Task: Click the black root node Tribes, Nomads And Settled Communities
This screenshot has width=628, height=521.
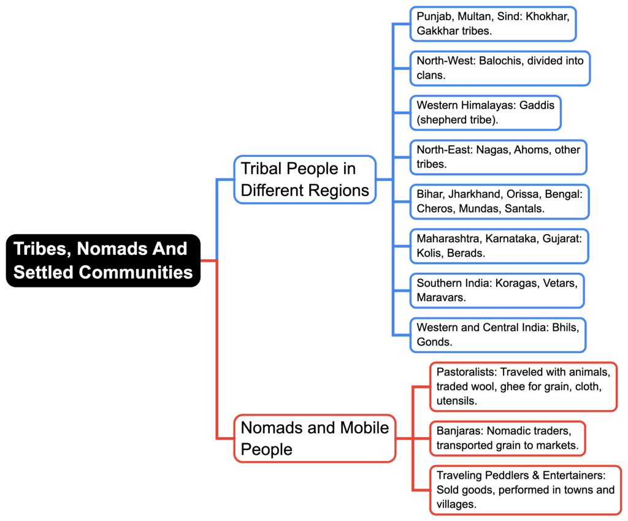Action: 103,260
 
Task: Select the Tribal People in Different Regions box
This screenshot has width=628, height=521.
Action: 305,179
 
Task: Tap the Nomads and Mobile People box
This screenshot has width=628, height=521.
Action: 315,438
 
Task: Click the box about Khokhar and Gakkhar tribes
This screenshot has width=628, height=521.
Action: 492,23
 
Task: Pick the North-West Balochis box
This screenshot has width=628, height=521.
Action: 499,67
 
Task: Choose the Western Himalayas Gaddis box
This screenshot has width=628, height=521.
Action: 485,112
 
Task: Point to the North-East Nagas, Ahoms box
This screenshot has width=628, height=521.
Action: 498,157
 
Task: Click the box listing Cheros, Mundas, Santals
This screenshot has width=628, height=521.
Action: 499,201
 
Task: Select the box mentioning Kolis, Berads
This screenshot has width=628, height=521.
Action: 499,246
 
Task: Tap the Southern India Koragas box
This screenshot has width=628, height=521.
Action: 497,290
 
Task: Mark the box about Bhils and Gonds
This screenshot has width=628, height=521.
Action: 497,335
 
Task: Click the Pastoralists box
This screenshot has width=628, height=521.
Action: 523,386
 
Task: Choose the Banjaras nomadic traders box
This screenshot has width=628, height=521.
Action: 507,438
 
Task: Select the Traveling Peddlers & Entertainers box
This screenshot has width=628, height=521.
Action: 526,490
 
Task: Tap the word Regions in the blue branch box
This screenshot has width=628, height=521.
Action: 340,191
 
